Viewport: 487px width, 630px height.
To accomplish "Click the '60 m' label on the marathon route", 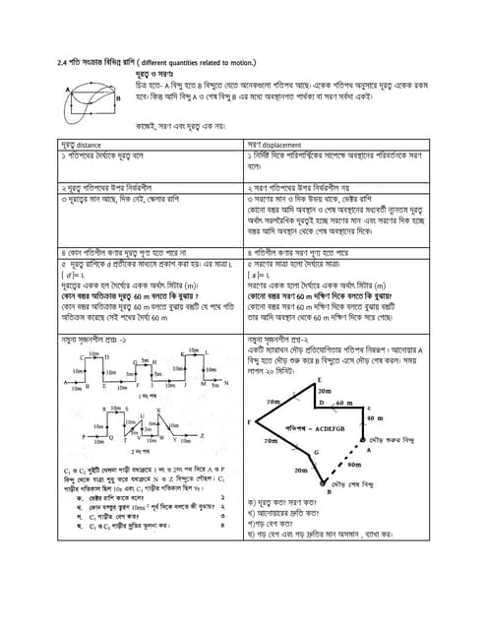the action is [x=341, y=404].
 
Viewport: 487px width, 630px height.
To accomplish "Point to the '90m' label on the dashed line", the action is [x=354, y=465].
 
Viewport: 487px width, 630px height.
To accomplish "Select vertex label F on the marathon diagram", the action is [x=250, y=421].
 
